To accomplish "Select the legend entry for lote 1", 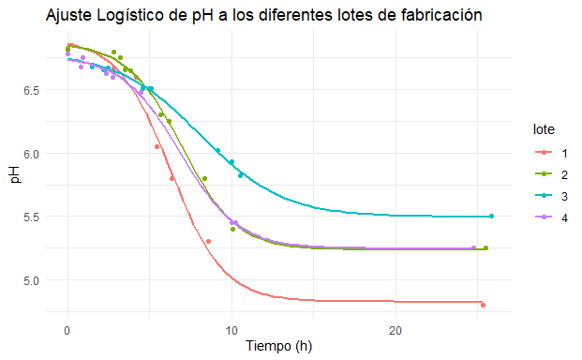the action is coord(551,153).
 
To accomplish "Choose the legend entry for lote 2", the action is coord(551,174).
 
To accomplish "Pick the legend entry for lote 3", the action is coord(551,196).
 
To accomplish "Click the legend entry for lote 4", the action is coord(551,217).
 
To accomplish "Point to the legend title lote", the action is coord(544,129).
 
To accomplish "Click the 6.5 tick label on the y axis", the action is coord(32,91).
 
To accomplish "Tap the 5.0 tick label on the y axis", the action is coord(32,281).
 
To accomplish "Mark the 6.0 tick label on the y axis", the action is coord(32,154).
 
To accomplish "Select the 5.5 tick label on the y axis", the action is coord(32,217).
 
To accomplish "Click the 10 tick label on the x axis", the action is coord(231,330).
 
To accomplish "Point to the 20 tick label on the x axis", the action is coord(395,330).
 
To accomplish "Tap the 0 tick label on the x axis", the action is coord(67,330).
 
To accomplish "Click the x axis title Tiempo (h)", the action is coord(278,346).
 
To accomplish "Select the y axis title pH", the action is coord(15,174).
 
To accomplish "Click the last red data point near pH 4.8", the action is coord(483,305).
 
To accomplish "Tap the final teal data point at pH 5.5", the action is coord(491,216).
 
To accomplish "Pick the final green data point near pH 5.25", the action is coord(485,247).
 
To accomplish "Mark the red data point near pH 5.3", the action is coord(209,242).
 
